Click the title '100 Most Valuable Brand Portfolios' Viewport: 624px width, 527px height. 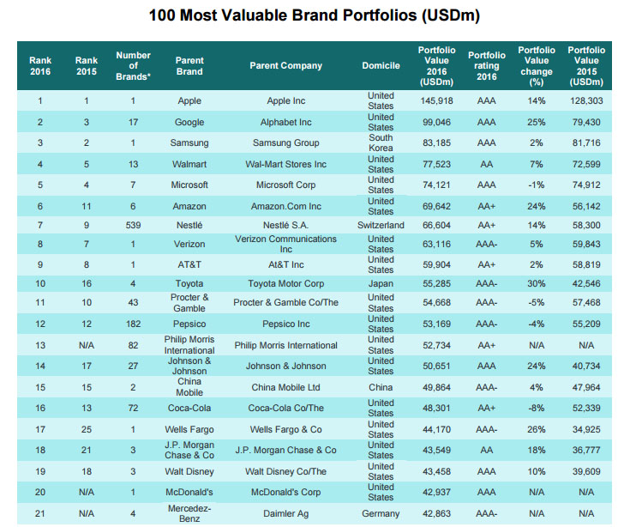click(314, 15)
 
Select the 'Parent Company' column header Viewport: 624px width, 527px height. click(286, 66)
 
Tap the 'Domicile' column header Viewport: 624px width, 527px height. click(381, 66)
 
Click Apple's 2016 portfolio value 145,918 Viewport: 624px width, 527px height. click(436, 101)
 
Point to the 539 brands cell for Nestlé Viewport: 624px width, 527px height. click(133, 226)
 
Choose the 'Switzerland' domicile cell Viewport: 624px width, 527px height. click(381, 226)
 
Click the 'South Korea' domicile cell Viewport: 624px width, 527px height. click(381, 142)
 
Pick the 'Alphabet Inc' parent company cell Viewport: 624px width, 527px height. click(286, 122)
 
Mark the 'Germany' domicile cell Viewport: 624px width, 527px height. click(381, 514)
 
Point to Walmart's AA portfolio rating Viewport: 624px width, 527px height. click(486, 163)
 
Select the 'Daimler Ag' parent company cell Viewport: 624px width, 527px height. click(286, 514)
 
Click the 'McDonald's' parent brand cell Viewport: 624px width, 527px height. click(189, 494)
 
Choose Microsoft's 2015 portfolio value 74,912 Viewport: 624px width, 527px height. click(585, 184)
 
